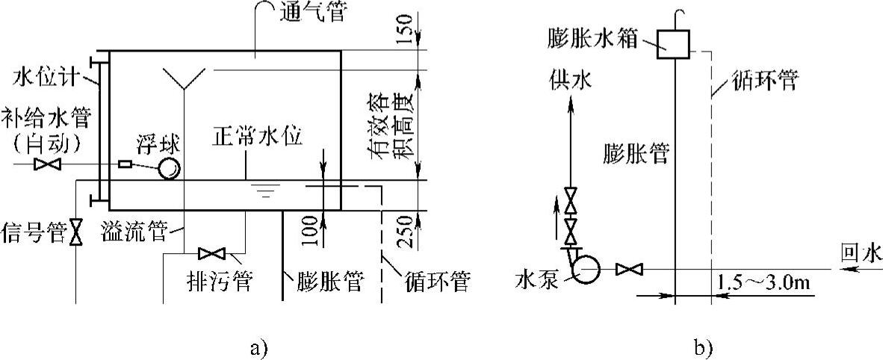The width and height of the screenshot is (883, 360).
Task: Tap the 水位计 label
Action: tap(41, 77)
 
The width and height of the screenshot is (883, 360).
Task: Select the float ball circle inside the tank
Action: tap(169, 169)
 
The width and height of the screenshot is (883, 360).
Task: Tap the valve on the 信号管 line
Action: tap(75, 232)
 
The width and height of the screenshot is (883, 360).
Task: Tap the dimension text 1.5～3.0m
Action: tap(766, 285)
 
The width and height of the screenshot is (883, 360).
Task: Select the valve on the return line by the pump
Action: tap(625, 267)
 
